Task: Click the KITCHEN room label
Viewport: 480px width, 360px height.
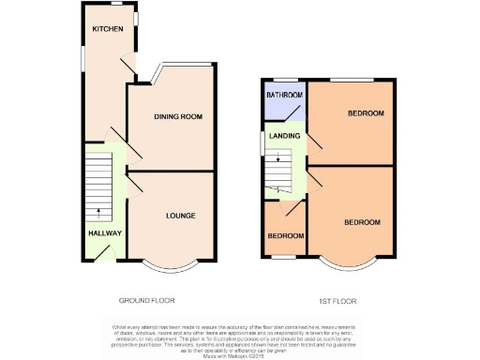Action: point(106,30)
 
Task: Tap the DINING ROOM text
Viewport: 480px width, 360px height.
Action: point(178,116)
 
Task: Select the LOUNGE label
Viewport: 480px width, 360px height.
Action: point(180,216)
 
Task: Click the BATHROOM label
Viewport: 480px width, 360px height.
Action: point(284,96)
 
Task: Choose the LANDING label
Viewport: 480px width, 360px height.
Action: point(284,137)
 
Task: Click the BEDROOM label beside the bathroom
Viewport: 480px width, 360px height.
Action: point(365,113)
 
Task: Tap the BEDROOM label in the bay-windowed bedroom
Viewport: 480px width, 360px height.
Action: point(361,222)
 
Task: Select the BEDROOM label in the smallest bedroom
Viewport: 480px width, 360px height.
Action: point(283,236)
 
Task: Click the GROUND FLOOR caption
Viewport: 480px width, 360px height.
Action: point(146,301)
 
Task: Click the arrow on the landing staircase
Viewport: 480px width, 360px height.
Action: point(277,160)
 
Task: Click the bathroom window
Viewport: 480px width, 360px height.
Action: point(285,82)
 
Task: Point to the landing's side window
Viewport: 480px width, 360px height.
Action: point(262,142)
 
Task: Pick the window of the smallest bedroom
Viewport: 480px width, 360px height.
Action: point(284,257)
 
